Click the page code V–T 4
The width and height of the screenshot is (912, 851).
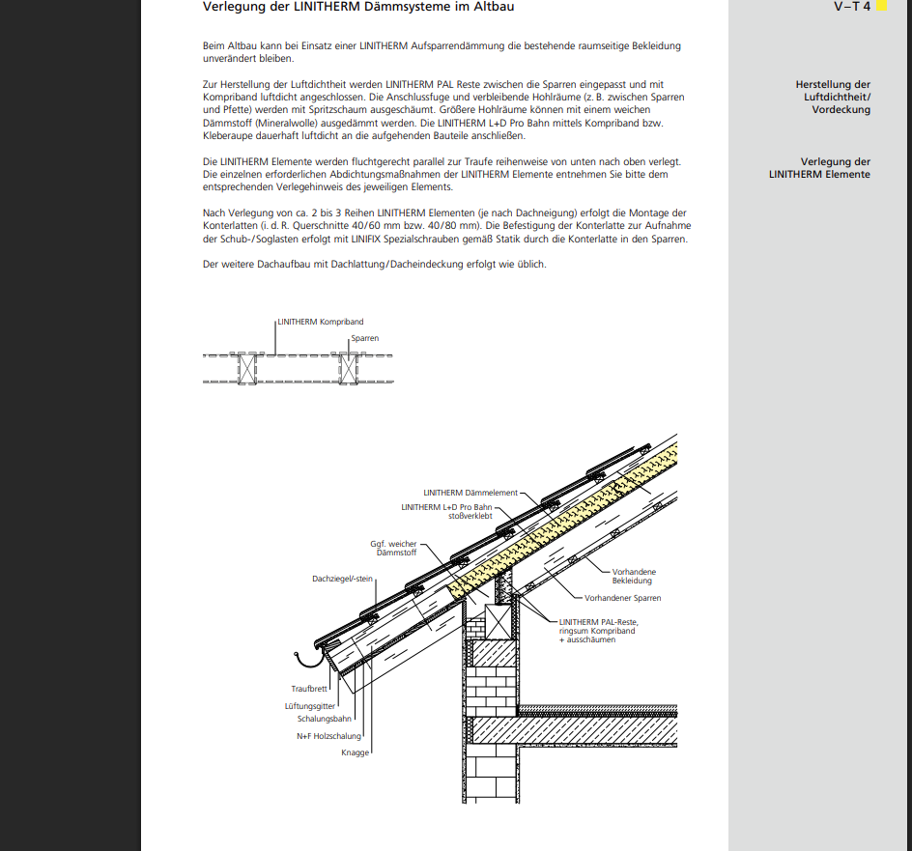pos(852,7)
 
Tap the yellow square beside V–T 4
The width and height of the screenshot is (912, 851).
pos(882,6)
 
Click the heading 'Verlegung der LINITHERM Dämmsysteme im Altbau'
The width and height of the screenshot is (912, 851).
pos(358,7)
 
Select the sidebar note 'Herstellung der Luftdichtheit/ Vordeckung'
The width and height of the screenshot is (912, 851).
pos(833,98)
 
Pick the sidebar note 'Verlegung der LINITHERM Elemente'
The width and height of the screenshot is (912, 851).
pos(819,168)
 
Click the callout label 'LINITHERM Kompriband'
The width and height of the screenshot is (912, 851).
pos(321,322)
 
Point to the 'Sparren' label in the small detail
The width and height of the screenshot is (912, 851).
pos(364,338)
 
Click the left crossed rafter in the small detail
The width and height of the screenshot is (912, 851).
pos(247,369)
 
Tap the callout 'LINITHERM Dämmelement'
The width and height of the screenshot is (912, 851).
pos(470,493)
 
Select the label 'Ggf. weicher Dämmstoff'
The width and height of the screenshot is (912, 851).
pos(394,549)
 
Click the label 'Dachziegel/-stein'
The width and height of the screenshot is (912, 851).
pos(342,579)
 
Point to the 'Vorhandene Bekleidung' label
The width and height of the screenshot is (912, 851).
pos(634,577)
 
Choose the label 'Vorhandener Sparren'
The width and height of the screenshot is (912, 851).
pos(623,598)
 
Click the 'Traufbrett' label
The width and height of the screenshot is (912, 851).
pos(309,689)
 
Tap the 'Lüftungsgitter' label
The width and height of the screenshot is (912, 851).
pos(310,706)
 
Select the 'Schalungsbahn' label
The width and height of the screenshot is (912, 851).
pos(325,719)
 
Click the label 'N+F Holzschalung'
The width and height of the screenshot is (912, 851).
pos(328,736)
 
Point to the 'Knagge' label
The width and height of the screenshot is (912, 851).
pos(355,752)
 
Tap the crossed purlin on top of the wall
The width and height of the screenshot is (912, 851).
pos(499,622)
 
